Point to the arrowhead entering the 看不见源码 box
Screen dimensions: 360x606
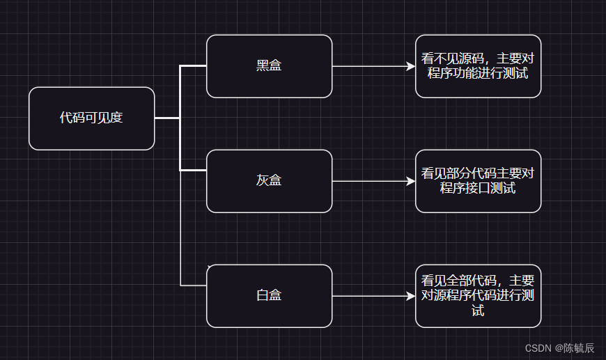[411, 66]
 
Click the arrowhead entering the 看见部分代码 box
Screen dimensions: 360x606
[411, 181]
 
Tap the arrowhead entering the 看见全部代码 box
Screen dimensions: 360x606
[411, 296]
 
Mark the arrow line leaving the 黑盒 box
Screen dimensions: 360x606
[369, 66]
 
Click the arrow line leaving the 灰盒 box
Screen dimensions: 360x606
[369, 181]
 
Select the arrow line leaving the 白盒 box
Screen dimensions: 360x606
[369, 296]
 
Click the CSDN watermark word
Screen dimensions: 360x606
[538, 348]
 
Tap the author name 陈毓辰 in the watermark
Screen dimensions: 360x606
[579, 348]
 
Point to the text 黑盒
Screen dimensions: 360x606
[269, 66]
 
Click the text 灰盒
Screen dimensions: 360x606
[269, 181]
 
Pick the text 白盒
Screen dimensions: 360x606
[269, 296]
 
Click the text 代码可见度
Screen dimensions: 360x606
[91, 118]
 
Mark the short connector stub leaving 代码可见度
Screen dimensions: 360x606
[167, 118]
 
